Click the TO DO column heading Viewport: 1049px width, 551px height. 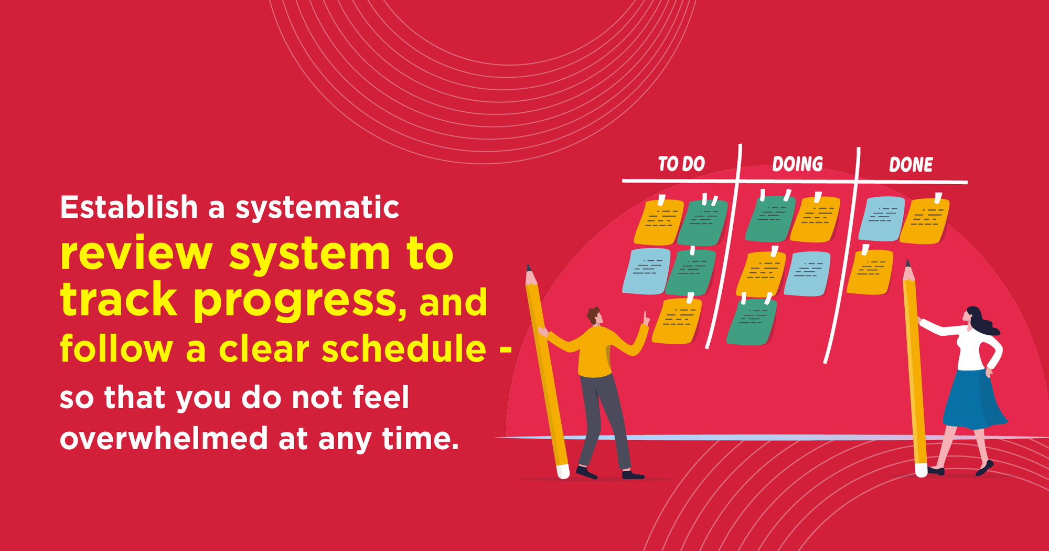(681, 164)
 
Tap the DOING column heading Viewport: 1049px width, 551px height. (797, 164)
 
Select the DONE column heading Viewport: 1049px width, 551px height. (911, 165)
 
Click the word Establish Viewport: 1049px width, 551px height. (129, 207)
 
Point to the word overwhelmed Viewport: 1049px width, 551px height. (164, 438)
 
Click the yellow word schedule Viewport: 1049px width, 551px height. (404, 349)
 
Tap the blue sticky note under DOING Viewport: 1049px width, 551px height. (808, 273)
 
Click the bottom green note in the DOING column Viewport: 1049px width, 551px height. (751, 322)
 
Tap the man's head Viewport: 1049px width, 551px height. (595, 316)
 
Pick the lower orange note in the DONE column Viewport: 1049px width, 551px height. (870, 272)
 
